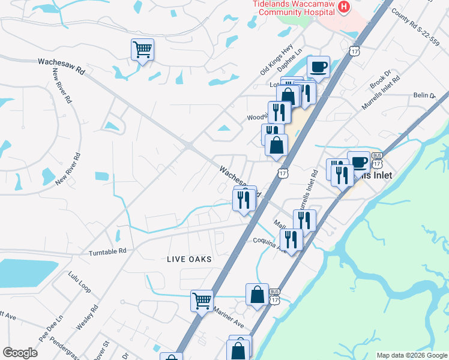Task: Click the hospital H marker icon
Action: [x=344, y=7]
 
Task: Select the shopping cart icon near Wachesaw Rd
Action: [x=142, y=49]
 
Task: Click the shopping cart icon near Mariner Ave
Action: [x=202, y=300]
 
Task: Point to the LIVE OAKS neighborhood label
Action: [x=189, y=259]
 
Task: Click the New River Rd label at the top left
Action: [x=62, y=86]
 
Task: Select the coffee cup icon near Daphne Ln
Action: [x=319, y=66]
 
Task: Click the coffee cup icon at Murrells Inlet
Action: [x=358, y=162]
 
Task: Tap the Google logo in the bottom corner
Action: [x=20, y=353]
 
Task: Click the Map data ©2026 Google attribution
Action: [x=412, y=355]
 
